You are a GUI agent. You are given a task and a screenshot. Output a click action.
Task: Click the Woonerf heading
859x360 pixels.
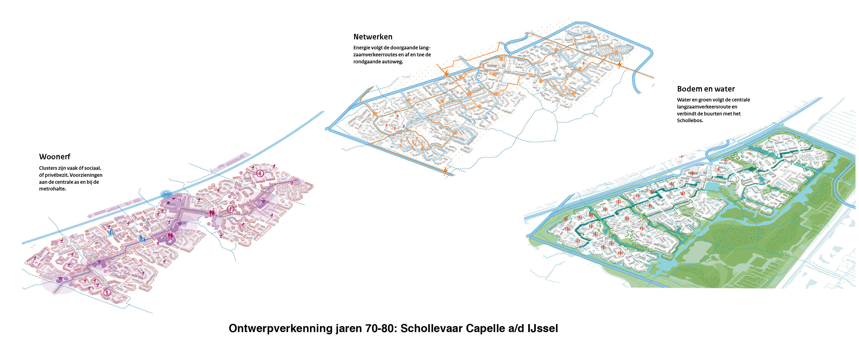(x=54, y=157)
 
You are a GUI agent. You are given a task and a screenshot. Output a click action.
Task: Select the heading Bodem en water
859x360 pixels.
(x=706, y=89)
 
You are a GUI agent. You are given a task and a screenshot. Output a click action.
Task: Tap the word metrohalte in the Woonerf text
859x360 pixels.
(x=52, y=189)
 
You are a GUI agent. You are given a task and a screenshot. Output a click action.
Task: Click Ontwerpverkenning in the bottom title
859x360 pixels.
(x=280, y=328)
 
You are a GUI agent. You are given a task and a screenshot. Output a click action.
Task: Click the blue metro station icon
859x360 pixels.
(x=166, y=194)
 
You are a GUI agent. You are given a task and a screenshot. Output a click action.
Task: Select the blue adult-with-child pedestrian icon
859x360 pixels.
(x=142, y=238)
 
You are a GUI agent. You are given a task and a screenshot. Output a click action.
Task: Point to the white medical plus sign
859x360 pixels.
(x=163, y=239)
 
